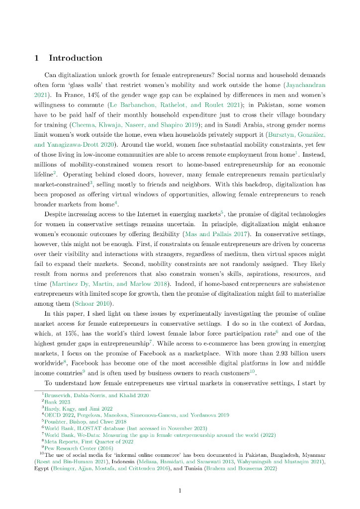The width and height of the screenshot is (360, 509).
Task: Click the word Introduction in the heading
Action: pos(75,58)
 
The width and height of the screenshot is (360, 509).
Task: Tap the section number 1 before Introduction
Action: pos(37,58)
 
